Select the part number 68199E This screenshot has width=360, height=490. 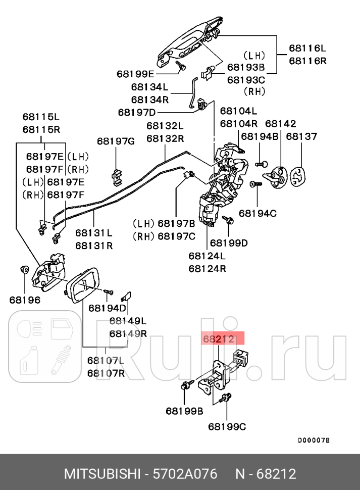pyautogui.click(x=136, y=73)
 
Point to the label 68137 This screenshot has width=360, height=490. pyautogui.click(x=301, y=136)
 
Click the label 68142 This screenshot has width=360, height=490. pyautogui.click(x=280, y=124)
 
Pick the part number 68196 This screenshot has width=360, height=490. pyautogui.click(x=24, y=300)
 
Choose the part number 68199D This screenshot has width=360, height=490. pyautogui.click(x=229, y=243)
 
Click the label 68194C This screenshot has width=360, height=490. pyautogui.click(x=258, y=213)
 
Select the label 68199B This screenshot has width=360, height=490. pyautogui.click(x=184, y=411)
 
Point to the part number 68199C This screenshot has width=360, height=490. pyautogui.click(x=227, y=427)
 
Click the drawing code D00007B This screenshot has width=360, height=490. pyautogui.click(x=313, y=440)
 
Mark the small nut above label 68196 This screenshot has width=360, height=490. pyautogui.click(x=24, y=268)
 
